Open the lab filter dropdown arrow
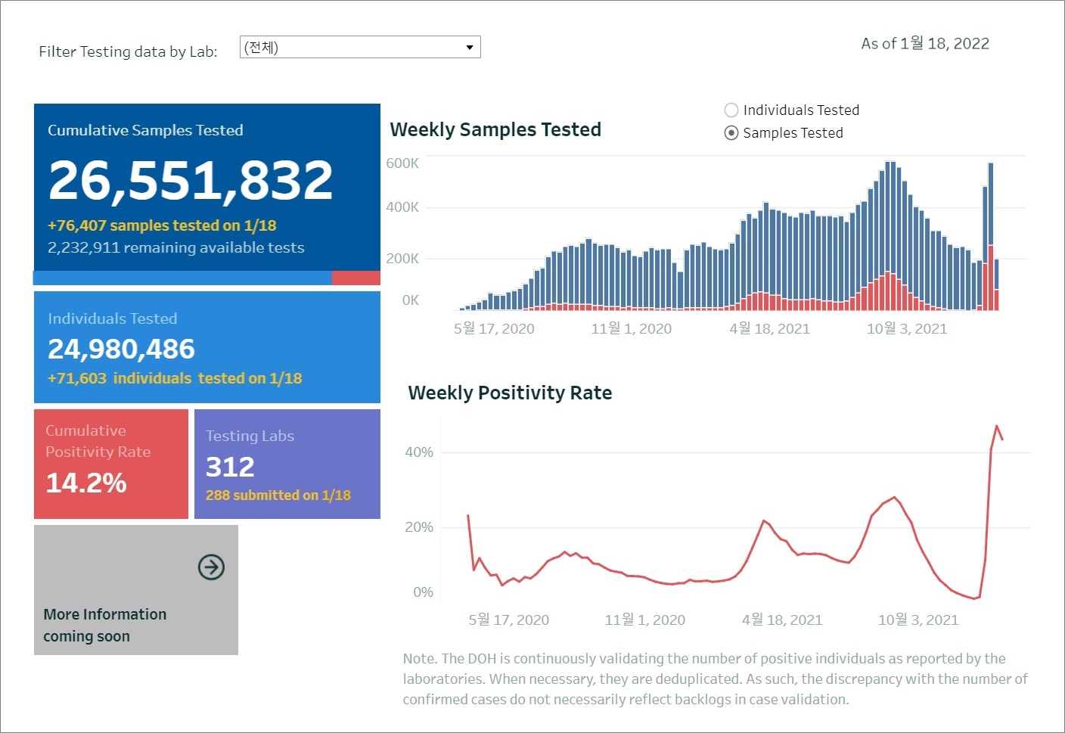click(x=470, y=48)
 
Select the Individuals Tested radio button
click(x=731, y=110)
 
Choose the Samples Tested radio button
click(x=731, y=133)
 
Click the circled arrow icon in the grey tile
click(x=211, y=567)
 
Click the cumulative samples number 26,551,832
click(x=191, y=181)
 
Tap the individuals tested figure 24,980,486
click(x=121, y=349)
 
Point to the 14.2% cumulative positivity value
click(x=86, y=483)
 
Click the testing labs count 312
click(x=230, y=467)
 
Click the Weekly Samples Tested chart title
click(x=495, y=130)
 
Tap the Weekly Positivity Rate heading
click(x=510, y=393)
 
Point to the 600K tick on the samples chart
click(x=402, y=163)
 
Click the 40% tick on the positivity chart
click(x=419, y=452)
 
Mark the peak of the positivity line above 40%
click(x=997, y=426)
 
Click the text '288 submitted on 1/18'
click(x=278, y=495)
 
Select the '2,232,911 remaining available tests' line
click(x=176, y=248)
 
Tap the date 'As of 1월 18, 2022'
click(x=925, y=44)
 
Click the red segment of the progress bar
click(x=356, y=278)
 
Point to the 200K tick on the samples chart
click(x=402, y=259)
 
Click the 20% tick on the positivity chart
click(x=419, y=527)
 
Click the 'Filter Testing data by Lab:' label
click(x=128, y=52)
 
